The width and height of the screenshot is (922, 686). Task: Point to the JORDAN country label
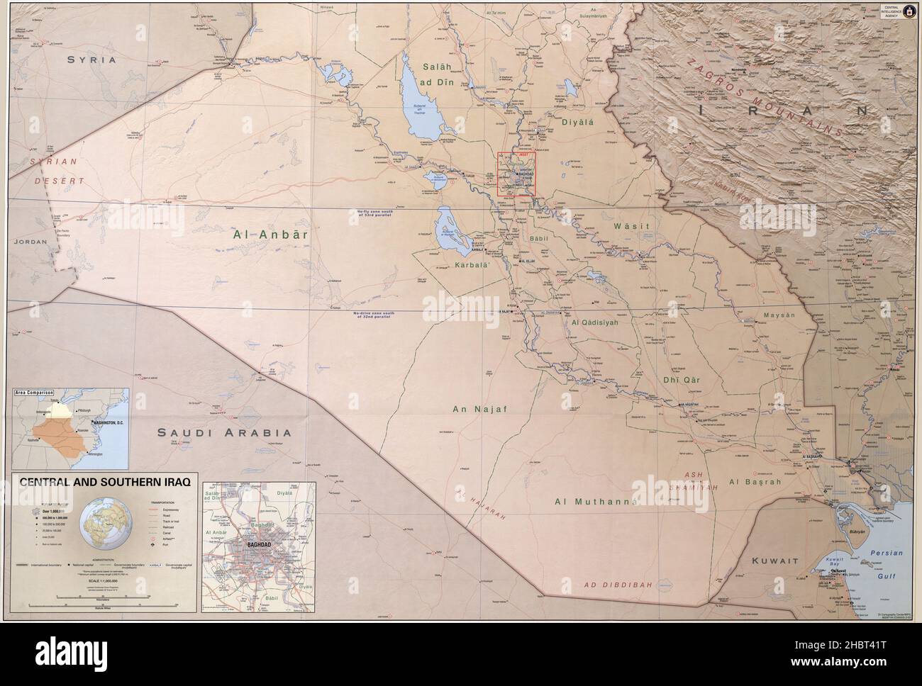pos(30,242)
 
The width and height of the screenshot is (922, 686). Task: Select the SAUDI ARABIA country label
pos(224,432)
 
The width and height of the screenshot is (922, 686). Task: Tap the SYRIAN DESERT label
pos(57,171)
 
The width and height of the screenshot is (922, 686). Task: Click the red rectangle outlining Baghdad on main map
pos(516,174)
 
